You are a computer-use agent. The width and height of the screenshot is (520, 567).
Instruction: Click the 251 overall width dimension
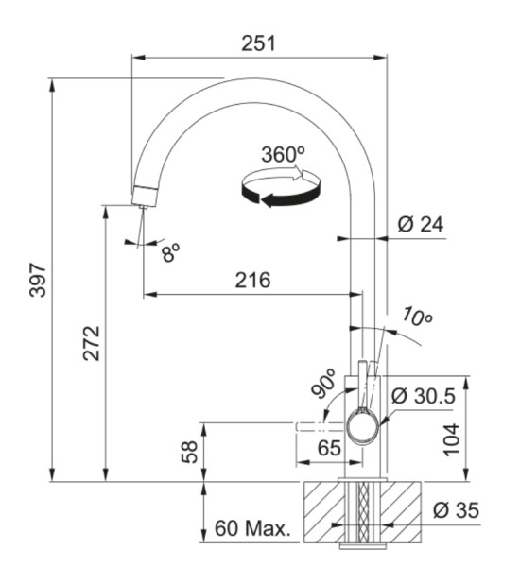click(x=259, y=43)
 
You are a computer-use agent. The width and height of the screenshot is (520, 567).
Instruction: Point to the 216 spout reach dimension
click(x=251, y=281)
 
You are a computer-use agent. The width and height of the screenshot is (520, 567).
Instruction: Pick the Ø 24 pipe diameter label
click(x=421, y=225)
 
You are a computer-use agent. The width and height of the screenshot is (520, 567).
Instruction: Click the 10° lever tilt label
click(x=415, y=317)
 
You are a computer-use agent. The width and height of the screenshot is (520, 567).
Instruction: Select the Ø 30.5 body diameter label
click(x=424, y=396)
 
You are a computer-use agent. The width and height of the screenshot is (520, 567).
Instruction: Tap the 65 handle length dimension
click(x=329, y=447)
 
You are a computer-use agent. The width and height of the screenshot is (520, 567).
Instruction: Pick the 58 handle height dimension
click(x=190, y=452)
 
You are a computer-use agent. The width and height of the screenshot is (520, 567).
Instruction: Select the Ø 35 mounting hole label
click(x=456, y=511)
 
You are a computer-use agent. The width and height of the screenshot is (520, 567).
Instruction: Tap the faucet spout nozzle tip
click(x=143, y=197)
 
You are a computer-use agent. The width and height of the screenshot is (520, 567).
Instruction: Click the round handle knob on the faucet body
click(x=361, y=426)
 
